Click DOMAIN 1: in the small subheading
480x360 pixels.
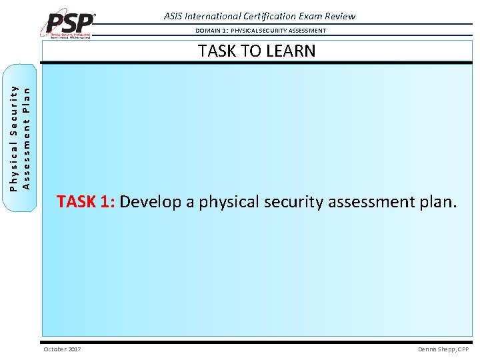pos(212,31)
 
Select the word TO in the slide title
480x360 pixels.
pos(247,51)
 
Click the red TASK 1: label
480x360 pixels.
pos(86,201)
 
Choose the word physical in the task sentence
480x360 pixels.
pos(227,201)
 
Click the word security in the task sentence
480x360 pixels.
pos(293,201)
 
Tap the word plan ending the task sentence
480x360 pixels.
pos(438,201)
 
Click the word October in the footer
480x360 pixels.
pos(55,349)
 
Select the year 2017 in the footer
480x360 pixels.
pos(74,349)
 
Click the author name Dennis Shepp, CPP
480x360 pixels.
pos(443,349)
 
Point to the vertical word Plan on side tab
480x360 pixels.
pos(27,86)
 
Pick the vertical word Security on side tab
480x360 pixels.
pos(14,109)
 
